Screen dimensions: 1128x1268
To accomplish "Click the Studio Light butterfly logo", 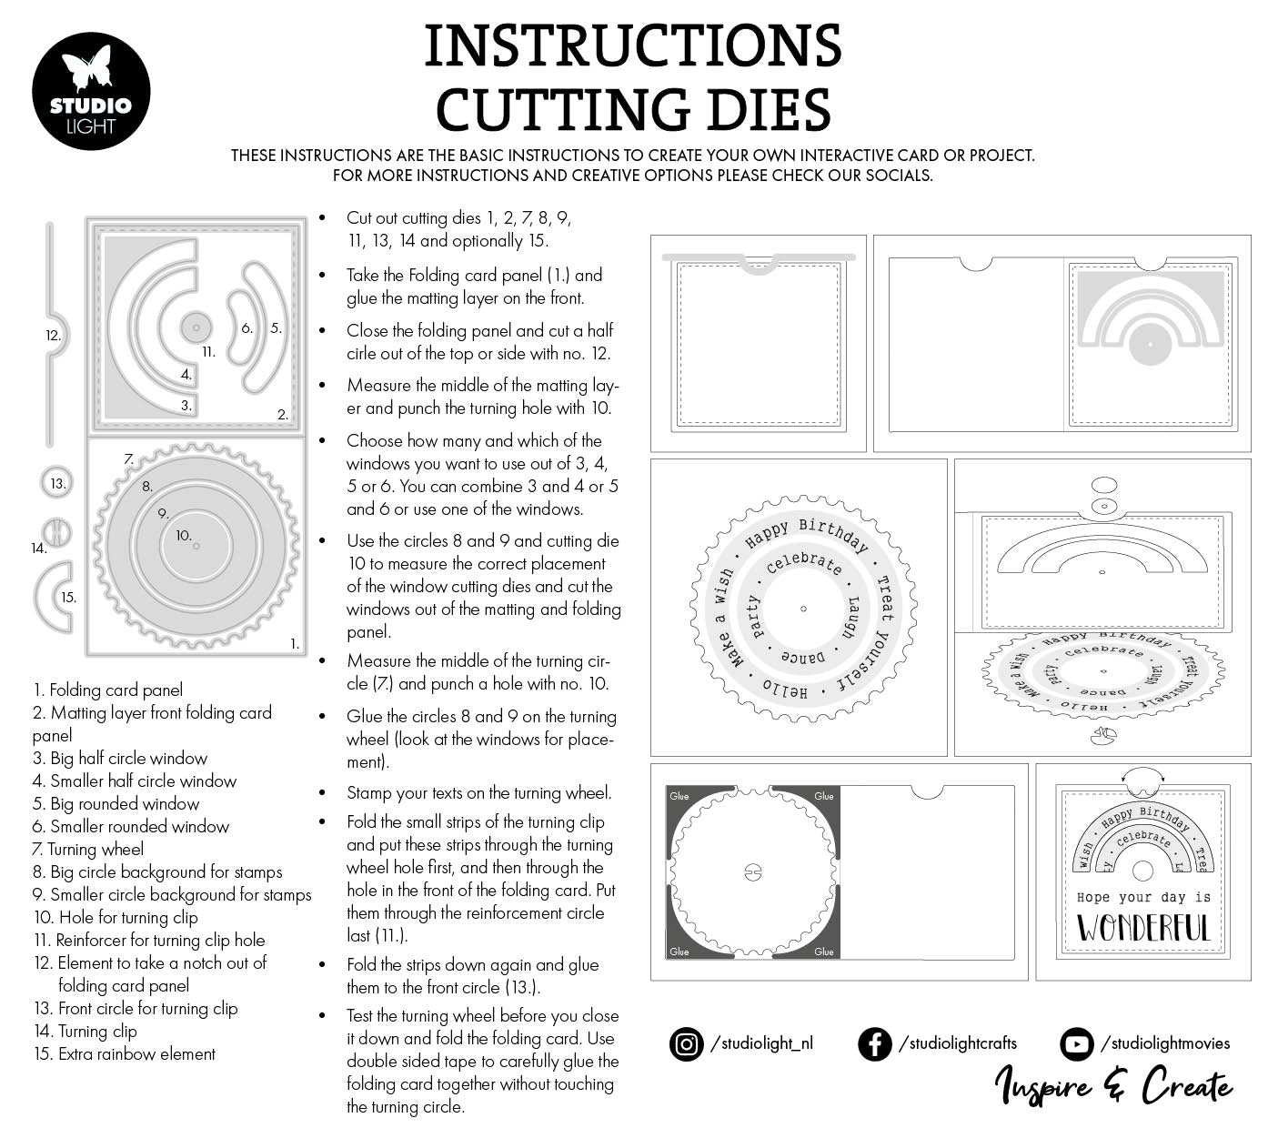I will [90, 92].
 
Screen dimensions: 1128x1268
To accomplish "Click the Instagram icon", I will [686, 1043].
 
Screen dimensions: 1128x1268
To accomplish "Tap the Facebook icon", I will [874, 1043].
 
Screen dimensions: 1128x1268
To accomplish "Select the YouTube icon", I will [1076, 1043].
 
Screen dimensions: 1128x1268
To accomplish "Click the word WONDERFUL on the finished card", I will [1143, 928].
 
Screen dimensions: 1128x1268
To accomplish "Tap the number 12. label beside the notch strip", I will [53, 336].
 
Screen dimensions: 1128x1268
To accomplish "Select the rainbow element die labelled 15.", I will [56, 597].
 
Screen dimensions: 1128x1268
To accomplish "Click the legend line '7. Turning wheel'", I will [88, 849].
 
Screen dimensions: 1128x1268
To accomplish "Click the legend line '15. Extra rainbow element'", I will [125, 1053].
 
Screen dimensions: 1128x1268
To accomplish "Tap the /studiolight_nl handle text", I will [761, 1043].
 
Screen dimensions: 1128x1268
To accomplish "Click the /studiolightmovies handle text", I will [1164, 1043].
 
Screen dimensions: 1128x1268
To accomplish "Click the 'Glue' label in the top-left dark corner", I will [679, 796].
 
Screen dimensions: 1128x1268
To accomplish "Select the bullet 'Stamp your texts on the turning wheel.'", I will [478, 792].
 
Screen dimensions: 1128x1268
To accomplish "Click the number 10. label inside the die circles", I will [184, 536].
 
